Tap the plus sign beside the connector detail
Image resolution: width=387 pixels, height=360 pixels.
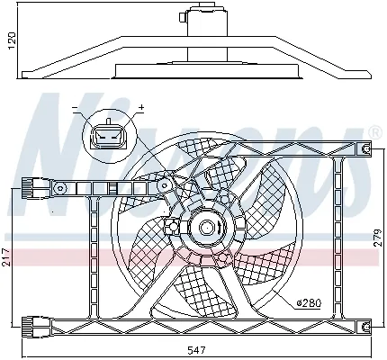click(x=141, y=108)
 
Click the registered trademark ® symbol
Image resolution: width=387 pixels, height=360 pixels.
click(x=373, y=132)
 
